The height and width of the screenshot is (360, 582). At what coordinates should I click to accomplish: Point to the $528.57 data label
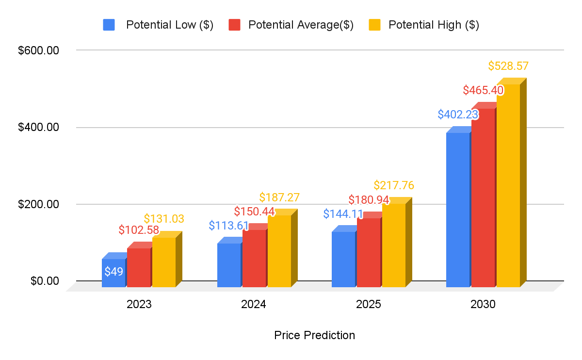point(508,66)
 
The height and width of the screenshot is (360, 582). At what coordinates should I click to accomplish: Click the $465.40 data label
point(483,90)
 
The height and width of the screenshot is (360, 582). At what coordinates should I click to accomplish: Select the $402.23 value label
point(458,115)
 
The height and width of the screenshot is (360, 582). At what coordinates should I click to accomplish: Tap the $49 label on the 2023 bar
point(114,271)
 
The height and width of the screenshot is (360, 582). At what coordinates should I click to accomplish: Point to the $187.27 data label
point(279,197)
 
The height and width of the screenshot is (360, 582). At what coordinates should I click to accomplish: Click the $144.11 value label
point(343,213)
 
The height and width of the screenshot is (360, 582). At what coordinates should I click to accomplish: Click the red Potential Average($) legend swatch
point(235,25)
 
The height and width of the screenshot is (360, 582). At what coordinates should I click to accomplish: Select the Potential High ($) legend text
point(434,25)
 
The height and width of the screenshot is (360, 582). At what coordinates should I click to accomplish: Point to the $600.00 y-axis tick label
point(38,50)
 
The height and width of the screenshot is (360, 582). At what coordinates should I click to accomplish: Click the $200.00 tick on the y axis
point(38,204)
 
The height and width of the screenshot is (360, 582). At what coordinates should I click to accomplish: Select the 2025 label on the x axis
point(368,305)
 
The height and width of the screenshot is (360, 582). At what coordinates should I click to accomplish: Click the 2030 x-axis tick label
point(483,305)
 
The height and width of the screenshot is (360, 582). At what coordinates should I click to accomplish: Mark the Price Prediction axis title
point(314,335)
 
